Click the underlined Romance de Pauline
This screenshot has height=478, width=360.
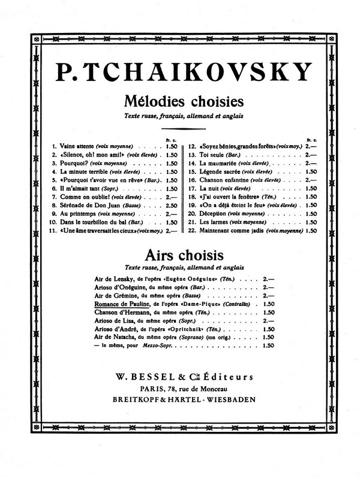122,305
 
